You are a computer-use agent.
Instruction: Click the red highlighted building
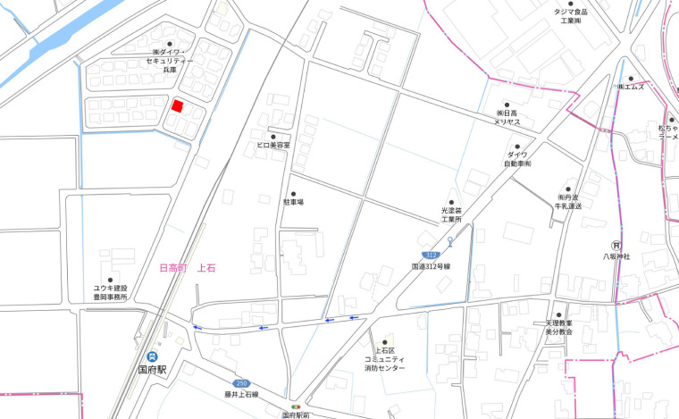(178, 106)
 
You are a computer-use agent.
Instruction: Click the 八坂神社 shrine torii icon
(616, 245)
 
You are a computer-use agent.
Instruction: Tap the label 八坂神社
(616, 256)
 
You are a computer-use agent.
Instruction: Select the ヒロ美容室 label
(273, 144)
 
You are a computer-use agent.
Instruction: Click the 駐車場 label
(294, 203)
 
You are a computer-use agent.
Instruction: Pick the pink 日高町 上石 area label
(187, 267)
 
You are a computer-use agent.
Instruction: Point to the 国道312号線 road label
(431, 266)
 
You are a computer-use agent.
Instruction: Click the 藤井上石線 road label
(241, 394)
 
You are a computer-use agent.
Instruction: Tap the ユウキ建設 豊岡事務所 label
(111, 292)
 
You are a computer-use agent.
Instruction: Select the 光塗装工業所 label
(451, 214)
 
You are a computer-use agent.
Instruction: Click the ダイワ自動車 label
(516, 159)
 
